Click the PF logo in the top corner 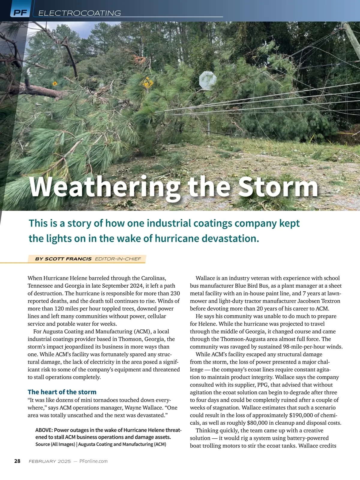tap(20, 13)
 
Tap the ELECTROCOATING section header tap(79, 13)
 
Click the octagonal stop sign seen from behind tap(208, 80)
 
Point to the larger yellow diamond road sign tap(147, 82)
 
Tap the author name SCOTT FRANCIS tap(68, 259)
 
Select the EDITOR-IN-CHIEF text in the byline tap(118, 259)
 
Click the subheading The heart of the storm tap(62, 392)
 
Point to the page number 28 tap(17, 461)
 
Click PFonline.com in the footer tap(93, 461)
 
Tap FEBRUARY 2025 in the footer tap(50, 461)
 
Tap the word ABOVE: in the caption tap(44, 430)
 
